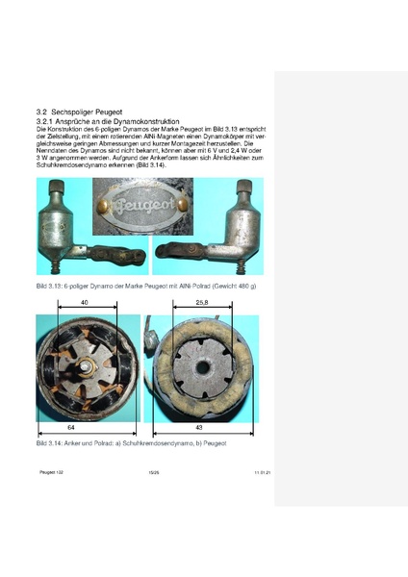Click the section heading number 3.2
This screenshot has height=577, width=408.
pos(42,113)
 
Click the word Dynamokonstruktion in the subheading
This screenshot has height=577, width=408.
pos(145,122)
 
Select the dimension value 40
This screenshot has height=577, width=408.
pos(86,301)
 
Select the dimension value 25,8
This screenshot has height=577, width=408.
pos(201,301)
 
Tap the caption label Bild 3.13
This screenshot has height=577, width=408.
pos(50,288)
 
